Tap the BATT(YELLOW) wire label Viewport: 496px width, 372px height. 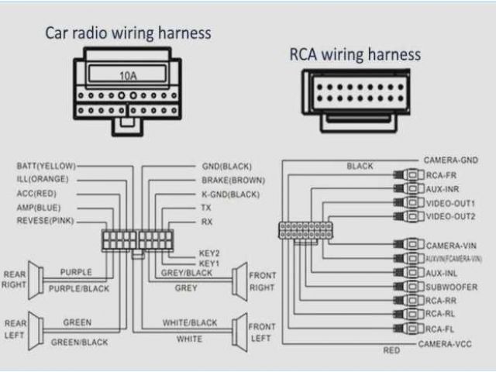coord(46,166)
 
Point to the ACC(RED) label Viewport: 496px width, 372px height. coord(37,194)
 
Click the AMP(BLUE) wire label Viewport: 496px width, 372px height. coord(38,208)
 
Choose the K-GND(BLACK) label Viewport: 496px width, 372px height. coord(230,194)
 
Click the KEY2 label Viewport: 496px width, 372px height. coord(209,253)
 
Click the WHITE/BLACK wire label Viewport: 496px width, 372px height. coord(190,322)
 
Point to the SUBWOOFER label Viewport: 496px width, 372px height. coord(451,286)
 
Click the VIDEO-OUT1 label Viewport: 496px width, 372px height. coord(452,202)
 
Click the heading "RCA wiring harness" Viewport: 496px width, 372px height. coord(355,55)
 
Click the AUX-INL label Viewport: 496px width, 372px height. coord(444,273)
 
